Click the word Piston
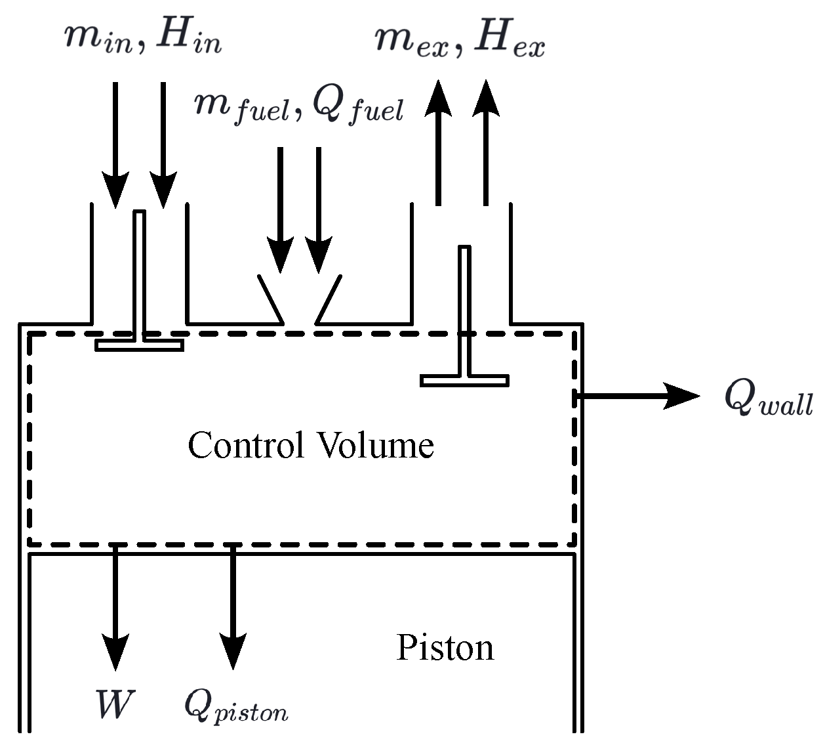[x=445, y=648]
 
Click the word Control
[x=246, y=445]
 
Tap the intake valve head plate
[x=139, y=345]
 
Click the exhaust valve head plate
[x=464, y=380]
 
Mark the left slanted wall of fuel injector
[x=271, y=299]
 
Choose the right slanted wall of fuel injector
[x=329, y=299]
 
